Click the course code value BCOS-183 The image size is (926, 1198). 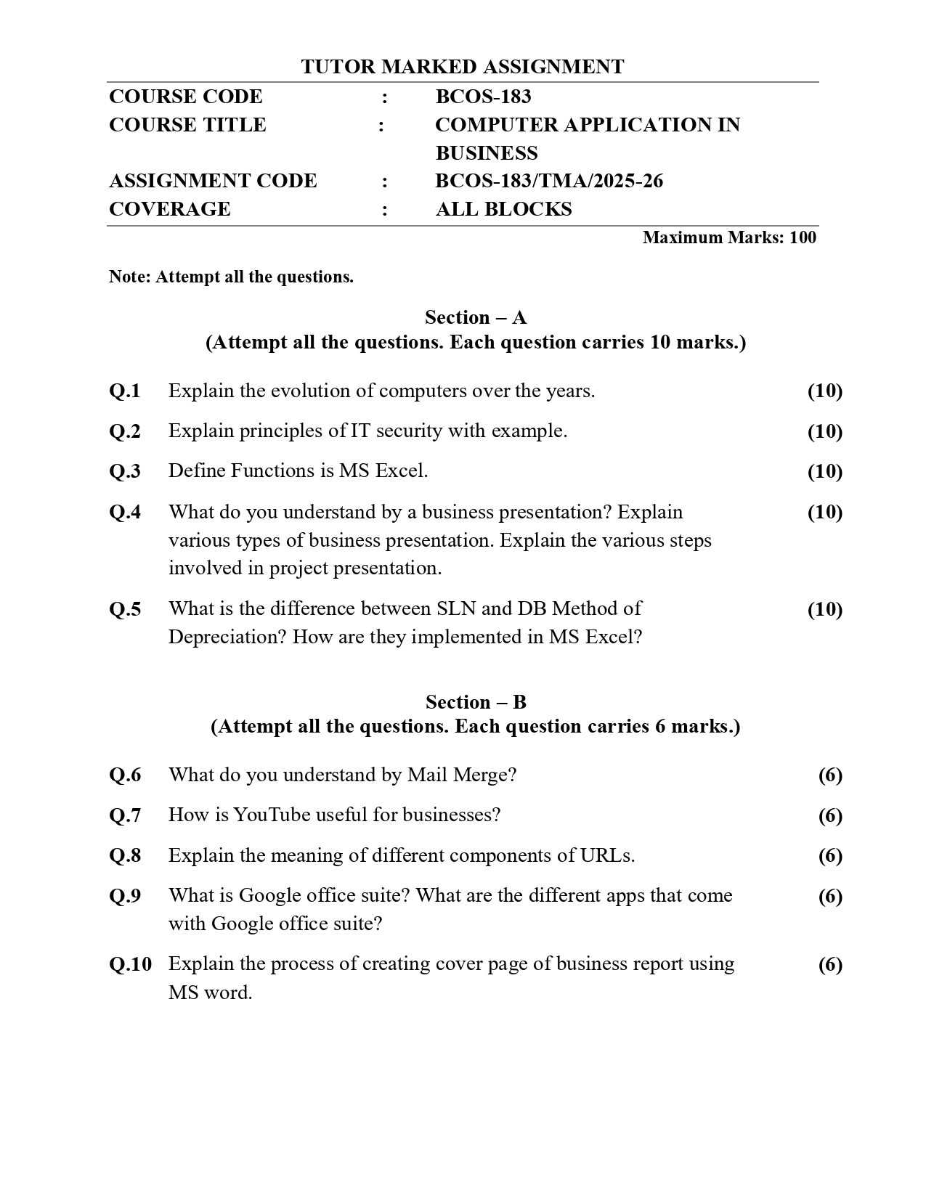pos(483,97)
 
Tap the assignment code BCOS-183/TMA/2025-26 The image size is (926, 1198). pos(548,181)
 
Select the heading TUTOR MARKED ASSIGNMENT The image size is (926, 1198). pos(462,67)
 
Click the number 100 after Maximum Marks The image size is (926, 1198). pos(803,237)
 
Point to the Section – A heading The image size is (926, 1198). pos(476,317)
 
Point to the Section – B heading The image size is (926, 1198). pos(476,702)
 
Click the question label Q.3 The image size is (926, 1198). pos(125,471)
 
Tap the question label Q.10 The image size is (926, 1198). pos(131,964)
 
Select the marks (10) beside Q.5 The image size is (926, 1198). pos(824,609)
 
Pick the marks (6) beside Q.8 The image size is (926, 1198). pos(830,855)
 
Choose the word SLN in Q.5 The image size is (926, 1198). pos(455,608)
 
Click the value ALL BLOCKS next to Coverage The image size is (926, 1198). pos(503,209)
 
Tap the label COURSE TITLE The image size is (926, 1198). pos(187,125)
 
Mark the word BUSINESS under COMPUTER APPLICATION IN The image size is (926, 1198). pos(487,153)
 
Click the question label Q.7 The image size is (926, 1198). pos(125,815)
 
